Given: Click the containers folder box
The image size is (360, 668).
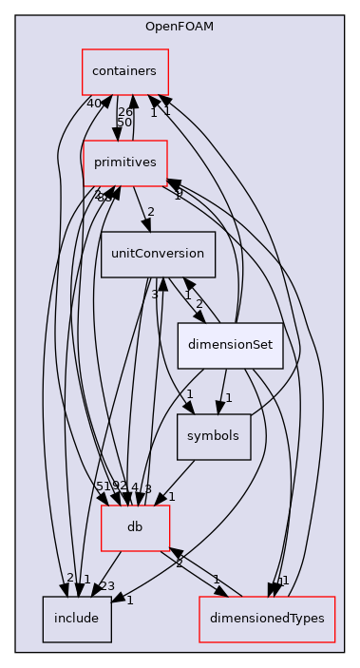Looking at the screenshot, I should (124, 71).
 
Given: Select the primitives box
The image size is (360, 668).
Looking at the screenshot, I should (124, 162).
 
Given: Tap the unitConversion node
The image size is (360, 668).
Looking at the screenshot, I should (157, 254).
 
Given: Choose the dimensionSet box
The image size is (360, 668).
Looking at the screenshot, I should (231, 346).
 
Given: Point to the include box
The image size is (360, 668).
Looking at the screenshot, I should (76, 618).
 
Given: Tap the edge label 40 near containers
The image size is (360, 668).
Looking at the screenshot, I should (94, 103).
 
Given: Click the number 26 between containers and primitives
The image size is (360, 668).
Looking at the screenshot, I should (124, 111).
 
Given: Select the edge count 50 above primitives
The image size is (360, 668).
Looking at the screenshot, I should (124, 123).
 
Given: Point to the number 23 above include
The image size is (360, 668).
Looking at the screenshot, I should (106, 586).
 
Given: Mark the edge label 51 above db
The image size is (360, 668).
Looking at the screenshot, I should (102, 487).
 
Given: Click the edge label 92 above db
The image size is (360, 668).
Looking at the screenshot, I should (119, 487).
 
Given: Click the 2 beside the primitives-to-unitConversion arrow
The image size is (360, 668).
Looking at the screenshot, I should (150, 211).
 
